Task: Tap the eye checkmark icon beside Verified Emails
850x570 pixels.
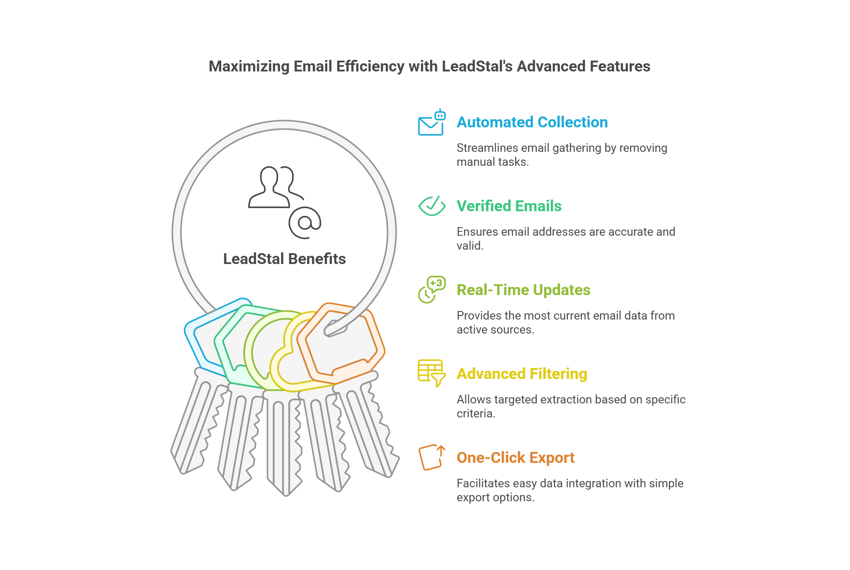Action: coord(432,206)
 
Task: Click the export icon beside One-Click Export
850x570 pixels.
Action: coord(431,457)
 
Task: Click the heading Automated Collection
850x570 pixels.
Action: coord(532,122)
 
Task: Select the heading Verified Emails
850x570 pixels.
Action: coord(509,206)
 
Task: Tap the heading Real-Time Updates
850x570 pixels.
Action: coord(523,290)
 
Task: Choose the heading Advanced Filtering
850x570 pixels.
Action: coord(522,374)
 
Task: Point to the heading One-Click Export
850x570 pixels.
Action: coord(516,458)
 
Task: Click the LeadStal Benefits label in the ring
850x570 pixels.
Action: coord(284,259)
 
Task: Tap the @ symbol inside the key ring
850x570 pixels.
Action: coord(305,223)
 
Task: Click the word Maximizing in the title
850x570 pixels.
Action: coord(249,66)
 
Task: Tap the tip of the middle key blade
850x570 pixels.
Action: coord(286,493)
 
